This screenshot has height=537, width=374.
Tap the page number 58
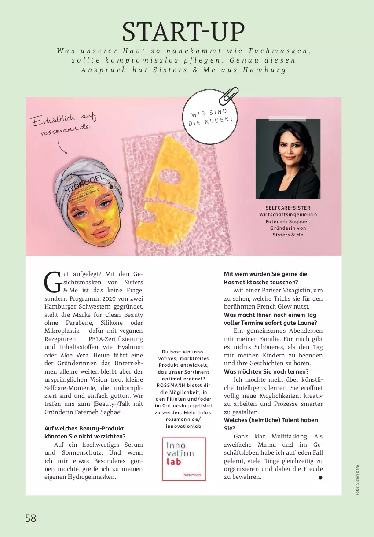click(31, 518)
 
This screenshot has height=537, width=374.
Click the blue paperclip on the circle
click(229, 96)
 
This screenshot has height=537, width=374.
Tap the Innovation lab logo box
click(183, 459)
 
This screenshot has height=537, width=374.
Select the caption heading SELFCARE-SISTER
click(288, 208)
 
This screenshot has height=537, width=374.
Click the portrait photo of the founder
click(288, 159)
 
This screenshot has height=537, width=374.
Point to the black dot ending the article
click(320, 478)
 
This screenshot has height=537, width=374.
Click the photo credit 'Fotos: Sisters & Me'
click(357, 480)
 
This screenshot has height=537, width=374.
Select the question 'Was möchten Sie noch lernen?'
click(266, 371)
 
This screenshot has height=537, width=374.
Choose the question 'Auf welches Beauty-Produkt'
click(84, 428)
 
